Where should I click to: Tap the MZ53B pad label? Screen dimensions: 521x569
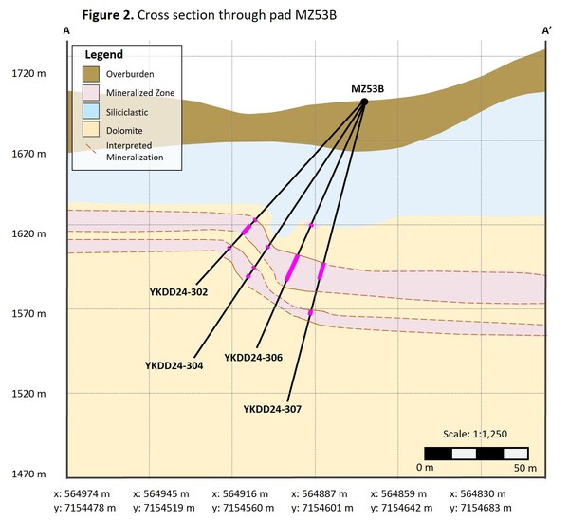coord(367,89)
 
